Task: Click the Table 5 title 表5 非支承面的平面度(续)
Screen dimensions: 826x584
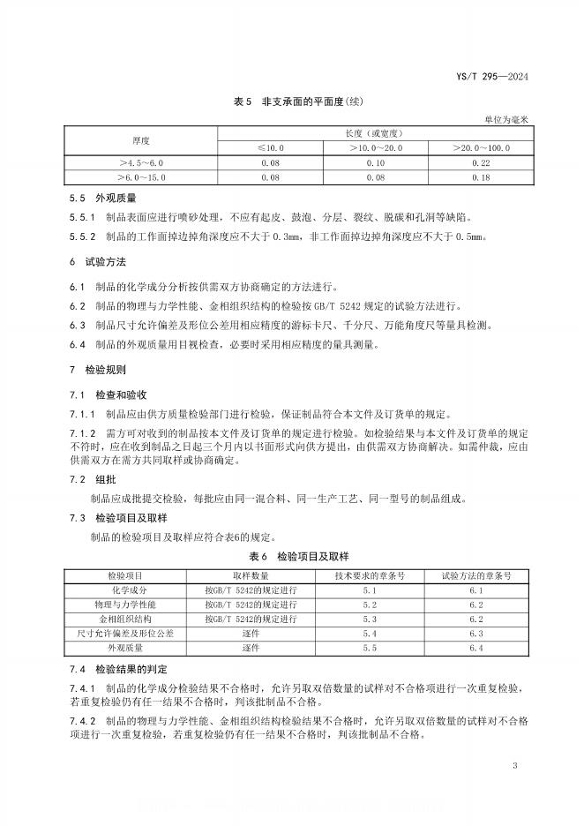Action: pyautogui.click(x=291, y=103)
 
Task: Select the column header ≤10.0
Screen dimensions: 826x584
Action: pyautogui.click(x=270, y=147)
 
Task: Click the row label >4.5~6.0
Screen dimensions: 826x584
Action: pyautogui.click(x=141, y=162)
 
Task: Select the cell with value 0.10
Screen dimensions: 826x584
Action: pyautogui.click(x=375, y=162)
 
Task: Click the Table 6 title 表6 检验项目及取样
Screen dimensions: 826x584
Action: pyautogui.click(x=291, y=556)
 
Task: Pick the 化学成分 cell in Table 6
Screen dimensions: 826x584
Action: pyautogui.click(x=137, y=589)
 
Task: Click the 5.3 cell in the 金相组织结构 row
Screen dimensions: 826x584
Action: pyautogui.click(x=369, y=619)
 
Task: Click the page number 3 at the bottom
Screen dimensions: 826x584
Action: pyautogui.click(x=513, y=765)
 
